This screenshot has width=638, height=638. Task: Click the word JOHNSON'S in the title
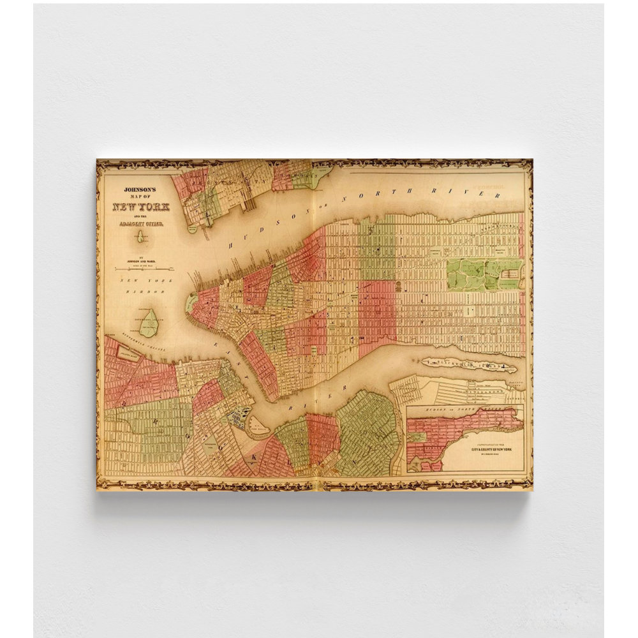pyautogui.click(x=138, y=189)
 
